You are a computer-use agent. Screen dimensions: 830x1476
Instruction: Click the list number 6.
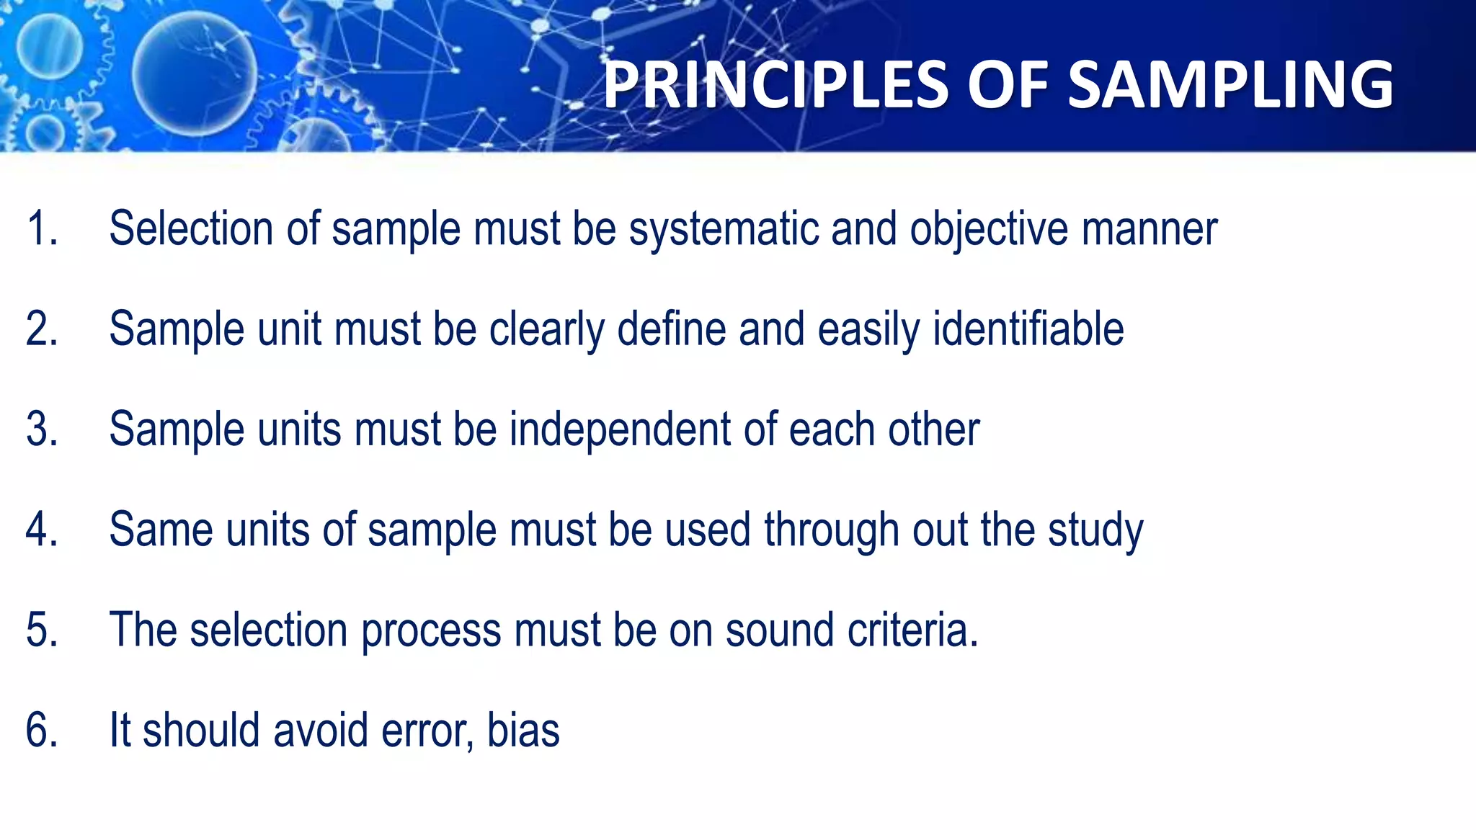point(41,731)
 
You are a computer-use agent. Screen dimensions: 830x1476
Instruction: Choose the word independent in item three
point(620,430)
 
